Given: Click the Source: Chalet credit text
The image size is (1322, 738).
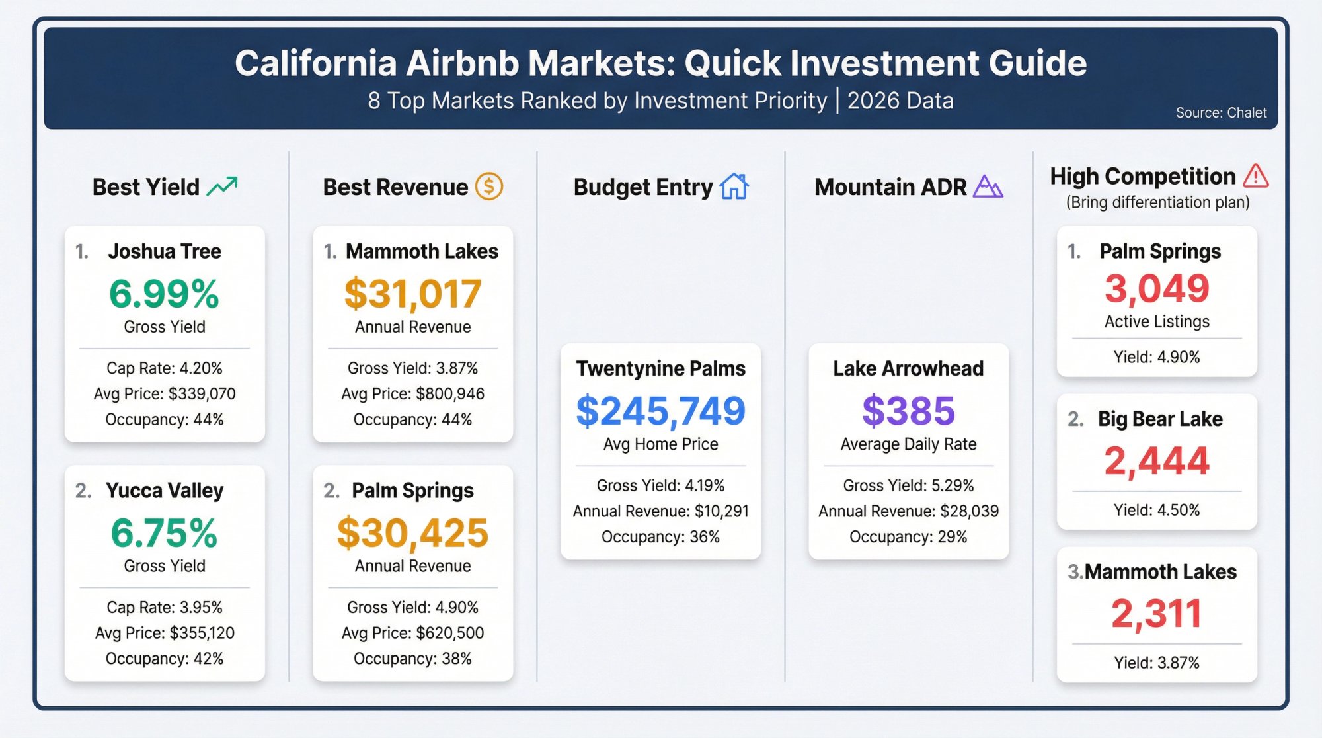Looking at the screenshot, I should [x=1221, y=113].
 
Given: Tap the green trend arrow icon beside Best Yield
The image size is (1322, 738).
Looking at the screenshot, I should [x=222, y=186].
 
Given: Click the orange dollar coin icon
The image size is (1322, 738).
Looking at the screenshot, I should [x=489, y=186].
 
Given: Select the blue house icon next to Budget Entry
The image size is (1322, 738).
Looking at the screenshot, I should [x=734, y=186].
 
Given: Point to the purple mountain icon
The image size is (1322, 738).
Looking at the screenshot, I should [x=988, y=186].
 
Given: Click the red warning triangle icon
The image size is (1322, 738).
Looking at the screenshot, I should [x=1255, y=176].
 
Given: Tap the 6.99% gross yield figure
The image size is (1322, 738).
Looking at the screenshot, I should [x=164, y=294].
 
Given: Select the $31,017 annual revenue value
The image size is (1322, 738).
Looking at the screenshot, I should [x=412, y=294].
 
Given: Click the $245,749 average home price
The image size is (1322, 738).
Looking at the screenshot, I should [x=660, y=411].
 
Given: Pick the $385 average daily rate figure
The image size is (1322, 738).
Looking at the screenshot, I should [x=908, y=411].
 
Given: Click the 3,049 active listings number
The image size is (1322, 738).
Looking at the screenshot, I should [x=1157, y=288].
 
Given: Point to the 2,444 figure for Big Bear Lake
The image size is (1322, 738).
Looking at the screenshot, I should [x=1157, y=460].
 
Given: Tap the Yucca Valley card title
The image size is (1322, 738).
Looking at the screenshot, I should [x=165, y=491].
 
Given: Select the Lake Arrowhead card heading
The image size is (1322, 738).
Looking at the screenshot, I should [x=908, y=368].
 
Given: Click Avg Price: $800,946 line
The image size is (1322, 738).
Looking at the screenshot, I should [x=412, y=394].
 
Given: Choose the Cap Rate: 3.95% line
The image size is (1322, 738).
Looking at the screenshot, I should [x=165, y=607].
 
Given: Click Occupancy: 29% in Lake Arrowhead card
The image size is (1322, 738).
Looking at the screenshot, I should [x=908, y=537].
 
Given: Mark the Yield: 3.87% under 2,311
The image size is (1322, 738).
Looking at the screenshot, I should [x=1157, y=663].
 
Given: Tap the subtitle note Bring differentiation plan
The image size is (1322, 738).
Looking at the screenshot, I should [x=1157, y=202].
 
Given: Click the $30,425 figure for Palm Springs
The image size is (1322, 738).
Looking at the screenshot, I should [x=412, y=533].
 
